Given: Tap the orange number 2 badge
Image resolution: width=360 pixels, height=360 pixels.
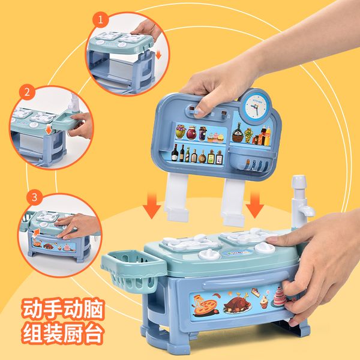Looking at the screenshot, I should click(26, 93).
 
